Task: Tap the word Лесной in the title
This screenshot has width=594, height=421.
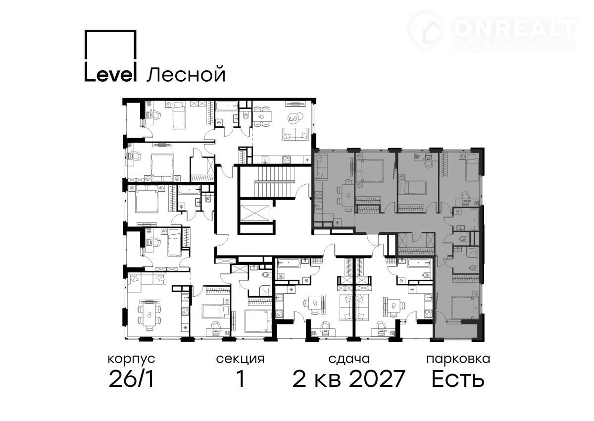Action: (x=186, y=75)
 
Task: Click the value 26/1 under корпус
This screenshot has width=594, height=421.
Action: (x=132, y=379)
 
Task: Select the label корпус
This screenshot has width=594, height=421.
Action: (x=132, y=359)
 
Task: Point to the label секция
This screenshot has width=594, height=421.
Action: (x=240, y=359)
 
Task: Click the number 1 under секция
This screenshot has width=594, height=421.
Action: (x=241, y=379)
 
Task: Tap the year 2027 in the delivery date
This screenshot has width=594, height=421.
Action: (x=377, y=379)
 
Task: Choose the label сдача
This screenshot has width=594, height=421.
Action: (x=349, y=359)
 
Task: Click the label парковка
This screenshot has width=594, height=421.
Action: (x=458, y=359)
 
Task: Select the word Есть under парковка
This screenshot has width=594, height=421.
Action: (x=458, y=379)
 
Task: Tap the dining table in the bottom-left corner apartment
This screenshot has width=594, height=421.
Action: (x=149, y=315)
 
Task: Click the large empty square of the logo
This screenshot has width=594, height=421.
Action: (x=110, y=44)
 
